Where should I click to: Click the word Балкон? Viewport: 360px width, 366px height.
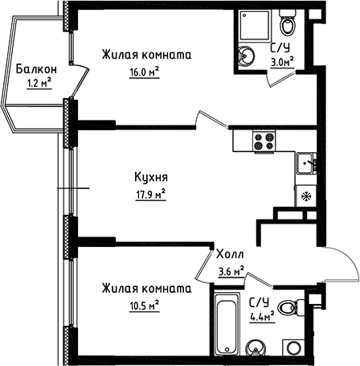click(35, 69)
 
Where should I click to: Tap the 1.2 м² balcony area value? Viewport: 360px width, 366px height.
click(39, 82)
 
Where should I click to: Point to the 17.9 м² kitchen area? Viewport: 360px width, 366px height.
click(150, 192)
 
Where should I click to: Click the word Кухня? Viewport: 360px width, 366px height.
click(149, 177)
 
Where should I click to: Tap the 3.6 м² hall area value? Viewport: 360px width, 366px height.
click(232, 271)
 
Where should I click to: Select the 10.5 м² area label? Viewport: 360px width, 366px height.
click(142, 303)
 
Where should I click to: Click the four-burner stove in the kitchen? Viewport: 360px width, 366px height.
click(264, 141)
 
